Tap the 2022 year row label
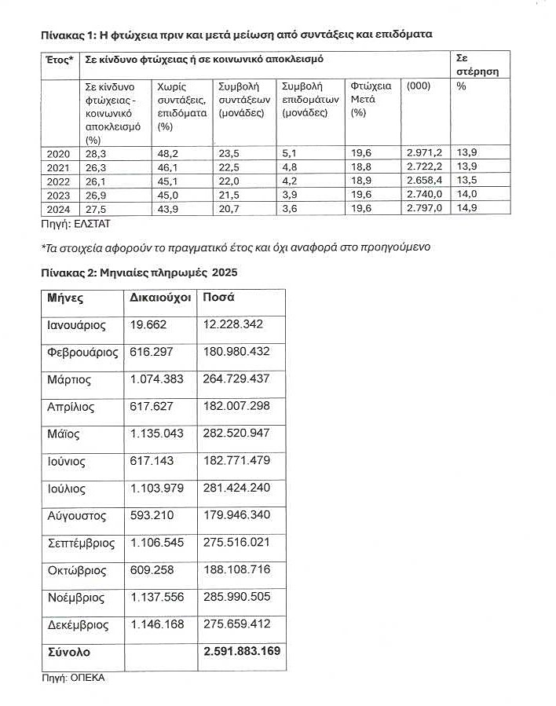[59, 181]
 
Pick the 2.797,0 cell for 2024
[424, 207]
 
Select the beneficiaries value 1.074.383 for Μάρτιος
[155, 379]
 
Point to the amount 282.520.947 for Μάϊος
[237, 433]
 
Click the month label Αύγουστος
[76, 516]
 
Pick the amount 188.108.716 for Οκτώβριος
[237, 571]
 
